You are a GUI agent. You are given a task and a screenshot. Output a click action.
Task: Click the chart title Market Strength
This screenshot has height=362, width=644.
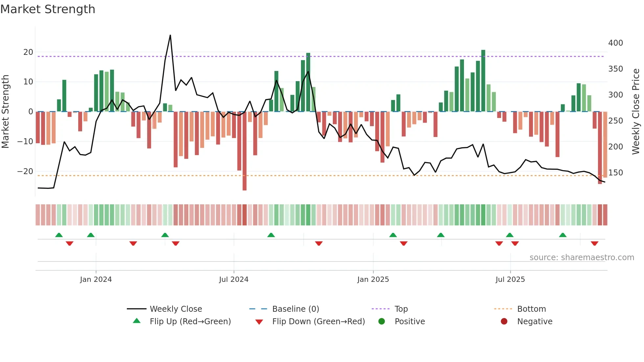click(48, 9)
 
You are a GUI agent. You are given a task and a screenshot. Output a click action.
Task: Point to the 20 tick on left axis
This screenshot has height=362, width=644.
click(28, 52)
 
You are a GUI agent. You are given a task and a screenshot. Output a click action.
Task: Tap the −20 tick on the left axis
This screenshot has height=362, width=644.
click(25, 171)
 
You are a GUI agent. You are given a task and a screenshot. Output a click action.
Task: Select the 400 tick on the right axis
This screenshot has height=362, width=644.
click(615, 43)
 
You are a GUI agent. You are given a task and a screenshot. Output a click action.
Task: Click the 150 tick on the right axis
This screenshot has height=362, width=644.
click(615, 173)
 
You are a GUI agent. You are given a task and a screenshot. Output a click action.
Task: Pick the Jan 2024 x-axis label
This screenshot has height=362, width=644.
click(96, 280)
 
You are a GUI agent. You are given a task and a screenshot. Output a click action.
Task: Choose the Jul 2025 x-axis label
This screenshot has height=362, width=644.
click(510, 280)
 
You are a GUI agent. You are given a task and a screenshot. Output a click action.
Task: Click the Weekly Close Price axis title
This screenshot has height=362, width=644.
click(636, 112)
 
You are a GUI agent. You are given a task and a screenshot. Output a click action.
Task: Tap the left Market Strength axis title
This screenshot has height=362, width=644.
click(5, 112)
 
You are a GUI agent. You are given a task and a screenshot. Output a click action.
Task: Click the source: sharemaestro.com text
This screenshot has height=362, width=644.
click(582, 258)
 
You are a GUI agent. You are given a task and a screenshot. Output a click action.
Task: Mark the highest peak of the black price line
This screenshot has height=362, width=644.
click(170, 35)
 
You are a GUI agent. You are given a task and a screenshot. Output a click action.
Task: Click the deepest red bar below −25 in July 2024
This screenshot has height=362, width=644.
click(244, 151)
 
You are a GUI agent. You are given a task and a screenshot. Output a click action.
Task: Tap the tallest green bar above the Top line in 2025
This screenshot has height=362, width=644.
click(483, 80)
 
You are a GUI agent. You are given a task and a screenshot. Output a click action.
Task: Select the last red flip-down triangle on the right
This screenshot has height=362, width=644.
click(594, 243)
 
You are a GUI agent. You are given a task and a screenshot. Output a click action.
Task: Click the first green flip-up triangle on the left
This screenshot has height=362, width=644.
click(59, 235)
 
